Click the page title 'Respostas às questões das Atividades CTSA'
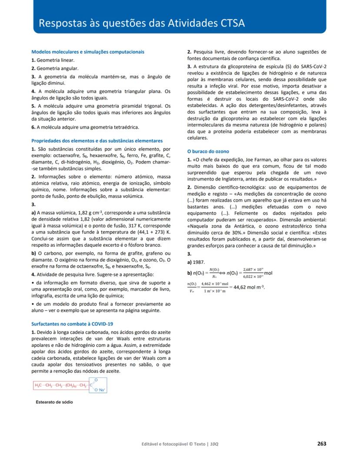pos(141,23)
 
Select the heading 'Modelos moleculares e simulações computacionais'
pos(88,52)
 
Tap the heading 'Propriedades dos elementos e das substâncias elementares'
pos(97,141)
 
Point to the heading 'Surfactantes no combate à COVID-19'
pos(72,324)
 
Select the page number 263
pos(321,444)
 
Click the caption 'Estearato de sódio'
pos(54,402)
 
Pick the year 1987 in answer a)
pos(200,262)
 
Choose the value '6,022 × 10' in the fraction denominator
pos(253,276)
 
